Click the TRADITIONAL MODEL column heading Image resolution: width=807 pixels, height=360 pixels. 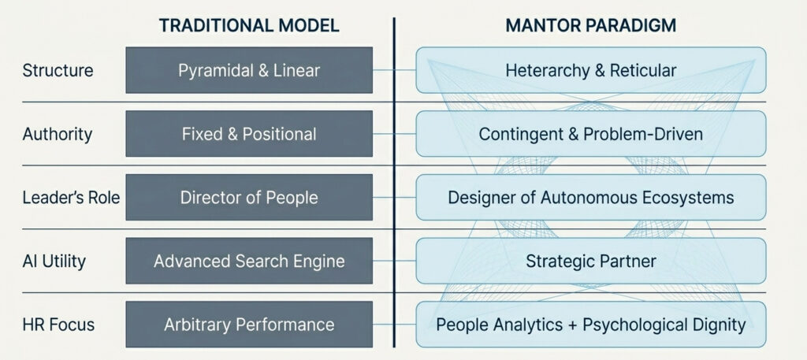[x=249, y=26]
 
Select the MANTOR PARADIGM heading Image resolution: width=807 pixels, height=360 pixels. [x=591, y=26]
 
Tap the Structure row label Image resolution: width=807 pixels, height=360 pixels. [x=58, y=70]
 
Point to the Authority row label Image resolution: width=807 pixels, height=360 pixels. [x=57, y=134]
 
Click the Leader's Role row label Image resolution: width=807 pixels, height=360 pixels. [x=71, y=198]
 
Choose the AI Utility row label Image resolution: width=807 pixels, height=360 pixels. [x=54, y=262]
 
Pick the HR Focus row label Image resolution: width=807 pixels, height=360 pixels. [x=58, y=325]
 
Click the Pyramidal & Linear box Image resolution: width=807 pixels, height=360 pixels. [x=249, y=70]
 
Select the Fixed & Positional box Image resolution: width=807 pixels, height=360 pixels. [x=249, y=134]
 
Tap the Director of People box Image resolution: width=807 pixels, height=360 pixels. [x=249, y=198]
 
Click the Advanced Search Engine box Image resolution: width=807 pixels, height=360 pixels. [x=249, y=261]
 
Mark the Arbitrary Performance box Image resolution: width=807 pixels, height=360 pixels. [x=249, y=325]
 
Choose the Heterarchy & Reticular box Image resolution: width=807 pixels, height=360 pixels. [x=591, y=70]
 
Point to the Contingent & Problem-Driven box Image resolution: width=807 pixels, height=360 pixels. [x=591, y=134]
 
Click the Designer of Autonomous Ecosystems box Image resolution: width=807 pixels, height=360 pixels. [x=591, y=198]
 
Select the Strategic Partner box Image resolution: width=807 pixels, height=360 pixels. [x=591, y=261]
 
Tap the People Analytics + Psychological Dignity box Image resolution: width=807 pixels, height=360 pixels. [x=591, y=325]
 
